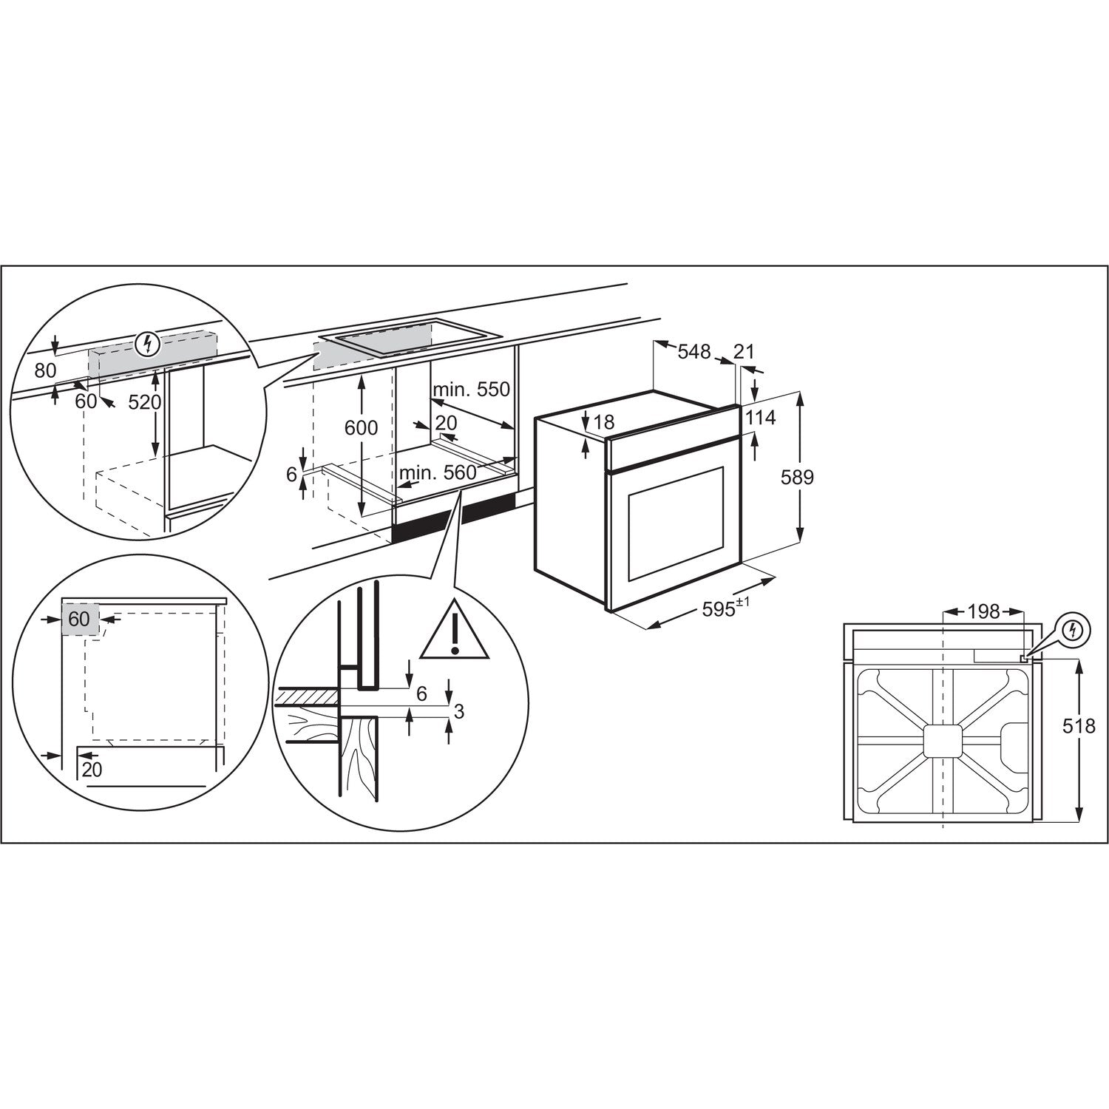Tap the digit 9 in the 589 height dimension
[808, 478]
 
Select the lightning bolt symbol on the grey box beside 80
[149, 343]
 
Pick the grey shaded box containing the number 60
[79, 618]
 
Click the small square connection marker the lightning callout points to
[1022, 656]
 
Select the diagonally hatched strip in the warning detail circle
[306, 696]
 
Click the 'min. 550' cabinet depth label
[472, 389]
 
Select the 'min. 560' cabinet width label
[438, 472]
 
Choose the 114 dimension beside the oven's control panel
[760, 418]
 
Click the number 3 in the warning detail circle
[458, 711]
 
